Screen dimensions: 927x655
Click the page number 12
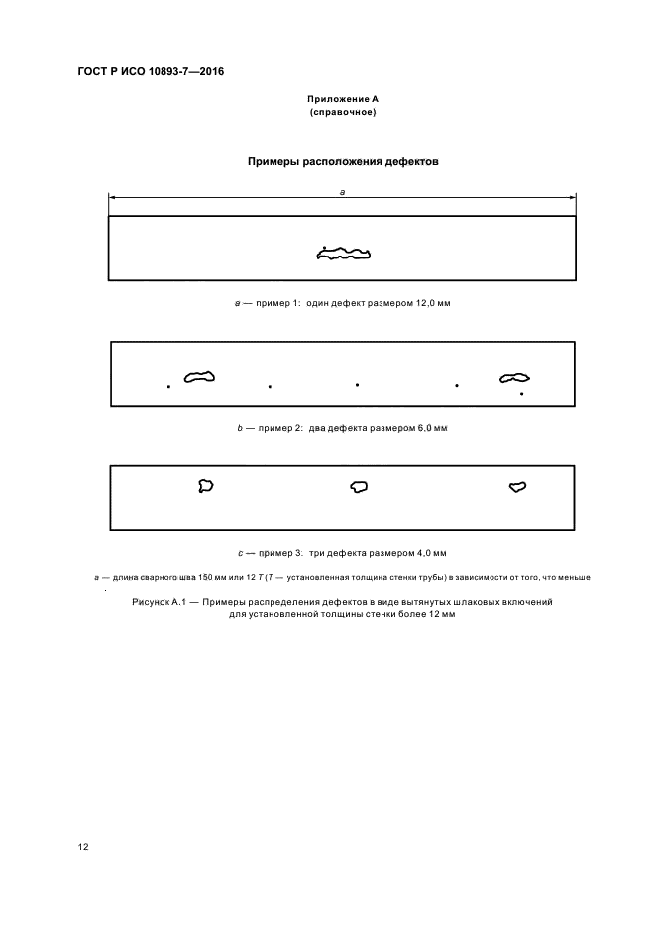point(83,848)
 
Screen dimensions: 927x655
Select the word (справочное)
point(342,113)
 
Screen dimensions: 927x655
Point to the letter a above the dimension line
point(342,192)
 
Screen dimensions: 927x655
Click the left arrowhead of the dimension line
point(112,199)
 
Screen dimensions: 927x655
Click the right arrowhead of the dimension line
point(574,199)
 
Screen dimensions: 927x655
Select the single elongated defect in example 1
point(343,255)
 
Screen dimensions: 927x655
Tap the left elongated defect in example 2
point(200,376)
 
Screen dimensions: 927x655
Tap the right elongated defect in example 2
point(514,377)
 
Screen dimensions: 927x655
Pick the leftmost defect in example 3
point(206,485)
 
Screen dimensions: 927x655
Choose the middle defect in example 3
point(359,486)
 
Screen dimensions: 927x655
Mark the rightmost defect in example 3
point(516,486)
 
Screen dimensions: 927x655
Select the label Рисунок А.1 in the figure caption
point(160,602)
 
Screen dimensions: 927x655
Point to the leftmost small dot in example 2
point(168,387)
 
